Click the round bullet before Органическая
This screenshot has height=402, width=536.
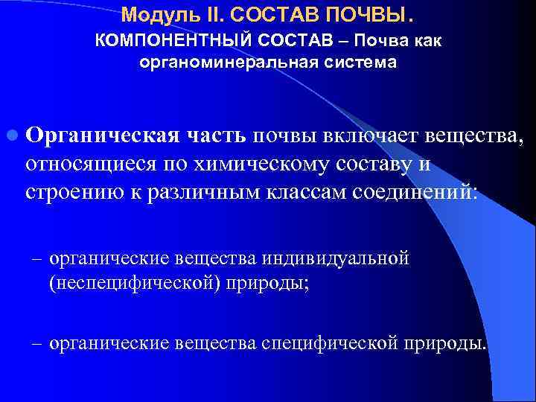[x=12, y=136]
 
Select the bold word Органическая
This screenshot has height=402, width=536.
[x=101, y=136]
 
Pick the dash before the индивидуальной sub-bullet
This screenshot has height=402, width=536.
[x=36, y=259]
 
